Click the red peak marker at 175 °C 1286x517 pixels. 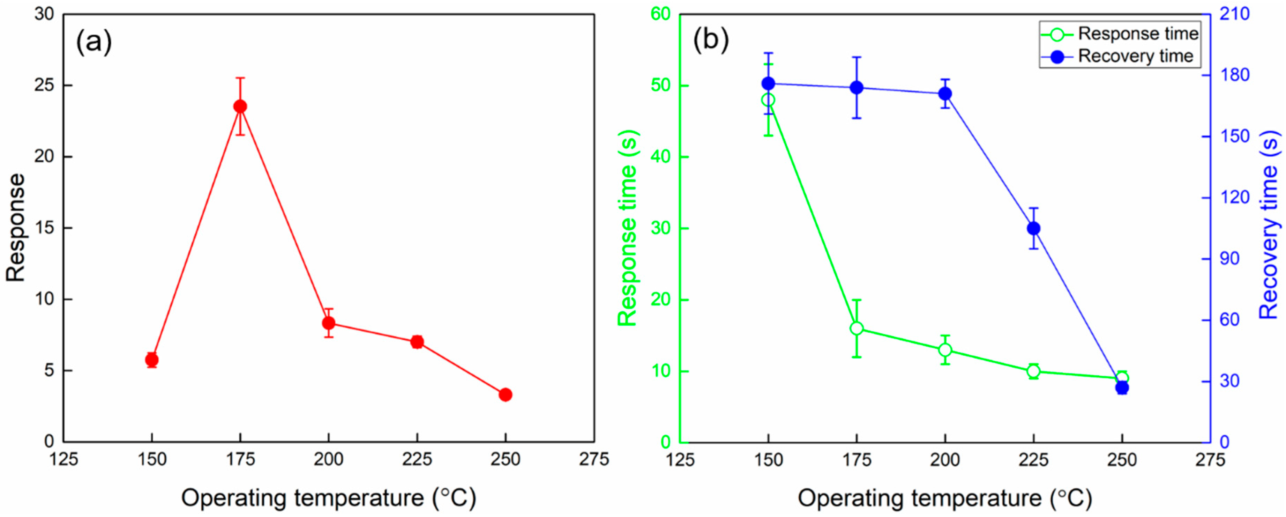(x=240, y=106)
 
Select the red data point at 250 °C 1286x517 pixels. (x=505, y=394)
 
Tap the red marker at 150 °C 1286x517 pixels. (x=152, y=360)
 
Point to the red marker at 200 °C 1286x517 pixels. (x=329, y=323)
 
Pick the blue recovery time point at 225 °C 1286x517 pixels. (x=1033, y=228)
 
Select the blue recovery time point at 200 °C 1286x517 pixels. (x=945, y=94)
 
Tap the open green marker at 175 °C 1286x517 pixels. (x=857, y=328)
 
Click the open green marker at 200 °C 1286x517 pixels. (x=945, y=350)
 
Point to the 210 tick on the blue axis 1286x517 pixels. (x=1234, y=14)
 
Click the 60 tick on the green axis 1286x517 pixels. (x=660, y=14)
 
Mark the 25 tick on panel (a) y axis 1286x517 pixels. (x=44, y=86)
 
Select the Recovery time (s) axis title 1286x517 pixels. (x=1268, y=225)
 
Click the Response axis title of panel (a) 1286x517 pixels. (x=16, y=227)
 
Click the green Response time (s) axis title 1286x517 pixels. (x=628, y=227)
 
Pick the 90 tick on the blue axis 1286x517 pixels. (x=1229, y=259)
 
